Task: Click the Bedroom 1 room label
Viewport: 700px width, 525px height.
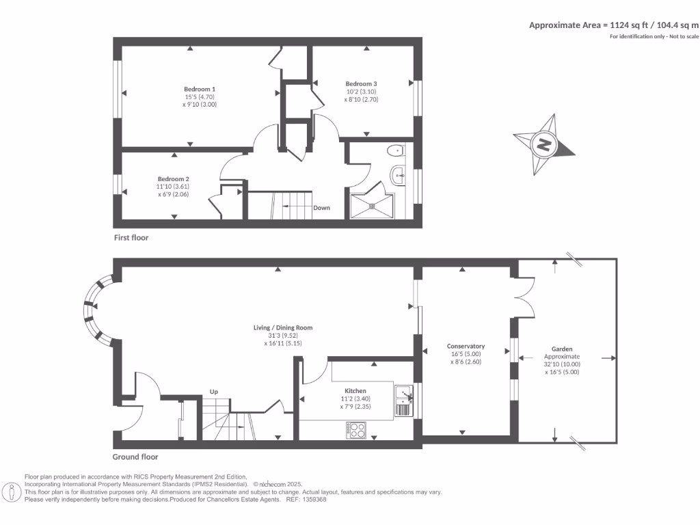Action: (x=200, y=89)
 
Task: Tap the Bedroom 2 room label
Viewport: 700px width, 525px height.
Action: (x=172, y=179)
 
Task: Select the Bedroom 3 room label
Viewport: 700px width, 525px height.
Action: (x=361, y=83)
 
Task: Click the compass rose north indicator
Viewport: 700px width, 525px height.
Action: (x=545, y=144)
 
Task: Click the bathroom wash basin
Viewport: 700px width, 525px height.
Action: (x=398, y=176)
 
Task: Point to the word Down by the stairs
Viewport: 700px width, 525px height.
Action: (x=322, y=208)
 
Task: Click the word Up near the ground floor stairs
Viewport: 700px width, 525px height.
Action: (x=214, y=392)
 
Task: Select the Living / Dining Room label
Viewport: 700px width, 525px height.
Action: (x=282, y=328)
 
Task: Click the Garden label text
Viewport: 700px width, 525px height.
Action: (x=562, y=348)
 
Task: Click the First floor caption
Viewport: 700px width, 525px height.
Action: (x=131, y=238)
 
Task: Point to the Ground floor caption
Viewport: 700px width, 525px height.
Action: (x=135, y=457)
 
